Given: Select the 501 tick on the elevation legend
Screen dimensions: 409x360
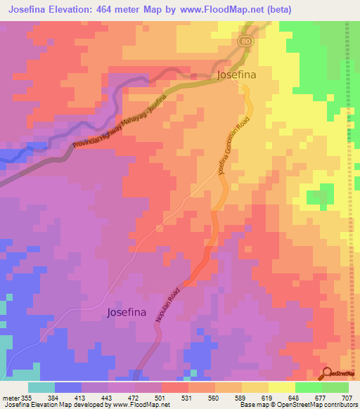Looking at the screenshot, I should coord(161,398).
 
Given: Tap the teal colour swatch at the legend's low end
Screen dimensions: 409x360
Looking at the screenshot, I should coord(41,387).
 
